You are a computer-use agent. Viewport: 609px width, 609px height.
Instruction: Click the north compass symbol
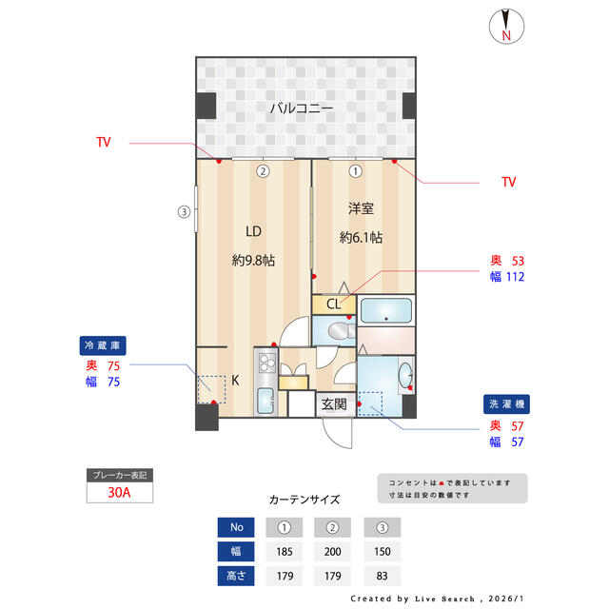pyautogui.click(x=506, y=26)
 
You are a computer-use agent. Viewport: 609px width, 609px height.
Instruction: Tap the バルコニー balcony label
pyautogui.click(x=302, y=108)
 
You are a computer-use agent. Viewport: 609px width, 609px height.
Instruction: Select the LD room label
pyautogui.click(x=253, y=231)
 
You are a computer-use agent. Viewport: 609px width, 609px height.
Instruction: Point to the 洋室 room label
pyautogui.click(x=361, y=208)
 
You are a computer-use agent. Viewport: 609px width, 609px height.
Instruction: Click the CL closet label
pyautogui.click(x=334, y=304)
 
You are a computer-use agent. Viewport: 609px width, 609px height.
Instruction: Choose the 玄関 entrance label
pyautogui.click(x=334, y=404)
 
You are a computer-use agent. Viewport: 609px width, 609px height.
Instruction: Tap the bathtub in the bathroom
pyautogui.click(x=386, y=310)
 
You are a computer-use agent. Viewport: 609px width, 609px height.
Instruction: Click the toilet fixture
pyautogui.click(x=342, y=331)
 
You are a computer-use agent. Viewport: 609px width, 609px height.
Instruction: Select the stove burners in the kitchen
pyautogui.click(x=266, y=363)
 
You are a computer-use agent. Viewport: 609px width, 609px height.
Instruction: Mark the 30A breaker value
pyautogui.click(x=119, y=493)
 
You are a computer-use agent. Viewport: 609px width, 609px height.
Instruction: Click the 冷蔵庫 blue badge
pyautogui.click(x=103, y=345)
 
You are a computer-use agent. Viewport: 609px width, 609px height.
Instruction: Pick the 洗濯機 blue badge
pyautogui.click(x=506, y=403)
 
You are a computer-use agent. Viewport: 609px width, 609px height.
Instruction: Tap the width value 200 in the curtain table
pyautogui.click(x=332, y=552)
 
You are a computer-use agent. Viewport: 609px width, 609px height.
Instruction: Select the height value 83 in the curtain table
pyautogui.click(x=382, y=576)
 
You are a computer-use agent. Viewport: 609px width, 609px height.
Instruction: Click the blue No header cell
pyautogui.click(x=236, y=527)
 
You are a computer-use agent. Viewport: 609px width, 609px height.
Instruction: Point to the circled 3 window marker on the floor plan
pyautogui.click(x=184, y=211)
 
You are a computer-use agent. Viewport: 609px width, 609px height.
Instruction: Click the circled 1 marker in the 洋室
pyautogui.click(x=355, y=171)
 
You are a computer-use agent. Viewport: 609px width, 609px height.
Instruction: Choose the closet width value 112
pyautogui.click(x=516, y=277)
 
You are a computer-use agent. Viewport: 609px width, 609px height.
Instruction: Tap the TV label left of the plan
pyautogui.click(x=104, y=142)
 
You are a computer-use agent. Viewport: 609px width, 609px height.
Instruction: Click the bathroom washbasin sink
pyautogui.click(x=405, y=374)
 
